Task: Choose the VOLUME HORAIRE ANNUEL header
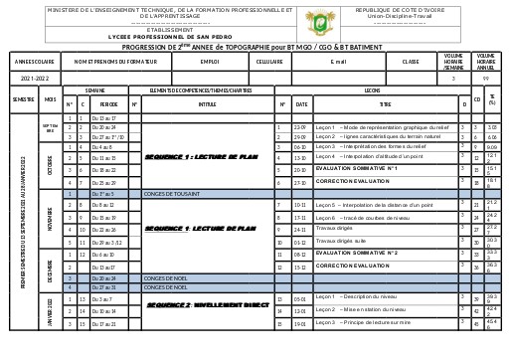[x=487, y=61]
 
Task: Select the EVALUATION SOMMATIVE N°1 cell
[x=357, y=168]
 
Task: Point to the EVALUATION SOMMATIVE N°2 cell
[x=357, y=254]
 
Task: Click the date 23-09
[x=300, y=127]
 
